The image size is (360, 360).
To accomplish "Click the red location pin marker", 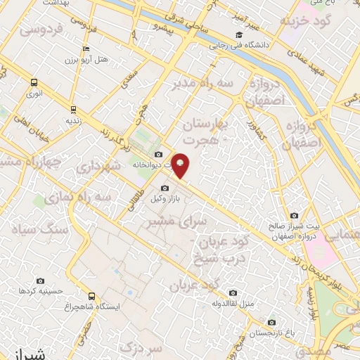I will pos(181,165).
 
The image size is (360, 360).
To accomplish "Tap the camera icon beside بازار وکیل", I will pos(165,188).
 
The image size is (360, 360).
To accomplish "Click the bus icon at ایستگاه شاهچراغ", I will pos(91,296).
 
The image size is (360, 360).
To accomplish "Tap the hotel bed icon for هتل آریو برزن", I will pos(86,49).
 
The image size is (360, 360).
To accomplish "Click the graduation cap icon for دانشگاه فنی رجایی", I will pos(239,34).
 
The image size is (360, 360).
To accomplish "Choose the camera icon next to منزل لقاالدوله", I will pos(233,293).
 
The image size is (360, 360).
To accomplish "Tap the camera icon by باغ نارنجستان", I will pos(271,323).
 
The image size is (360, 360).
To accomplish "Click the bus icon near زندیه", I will pos(73,109).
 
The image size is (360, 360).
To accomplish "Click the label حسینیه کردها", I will pos(32,290).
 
